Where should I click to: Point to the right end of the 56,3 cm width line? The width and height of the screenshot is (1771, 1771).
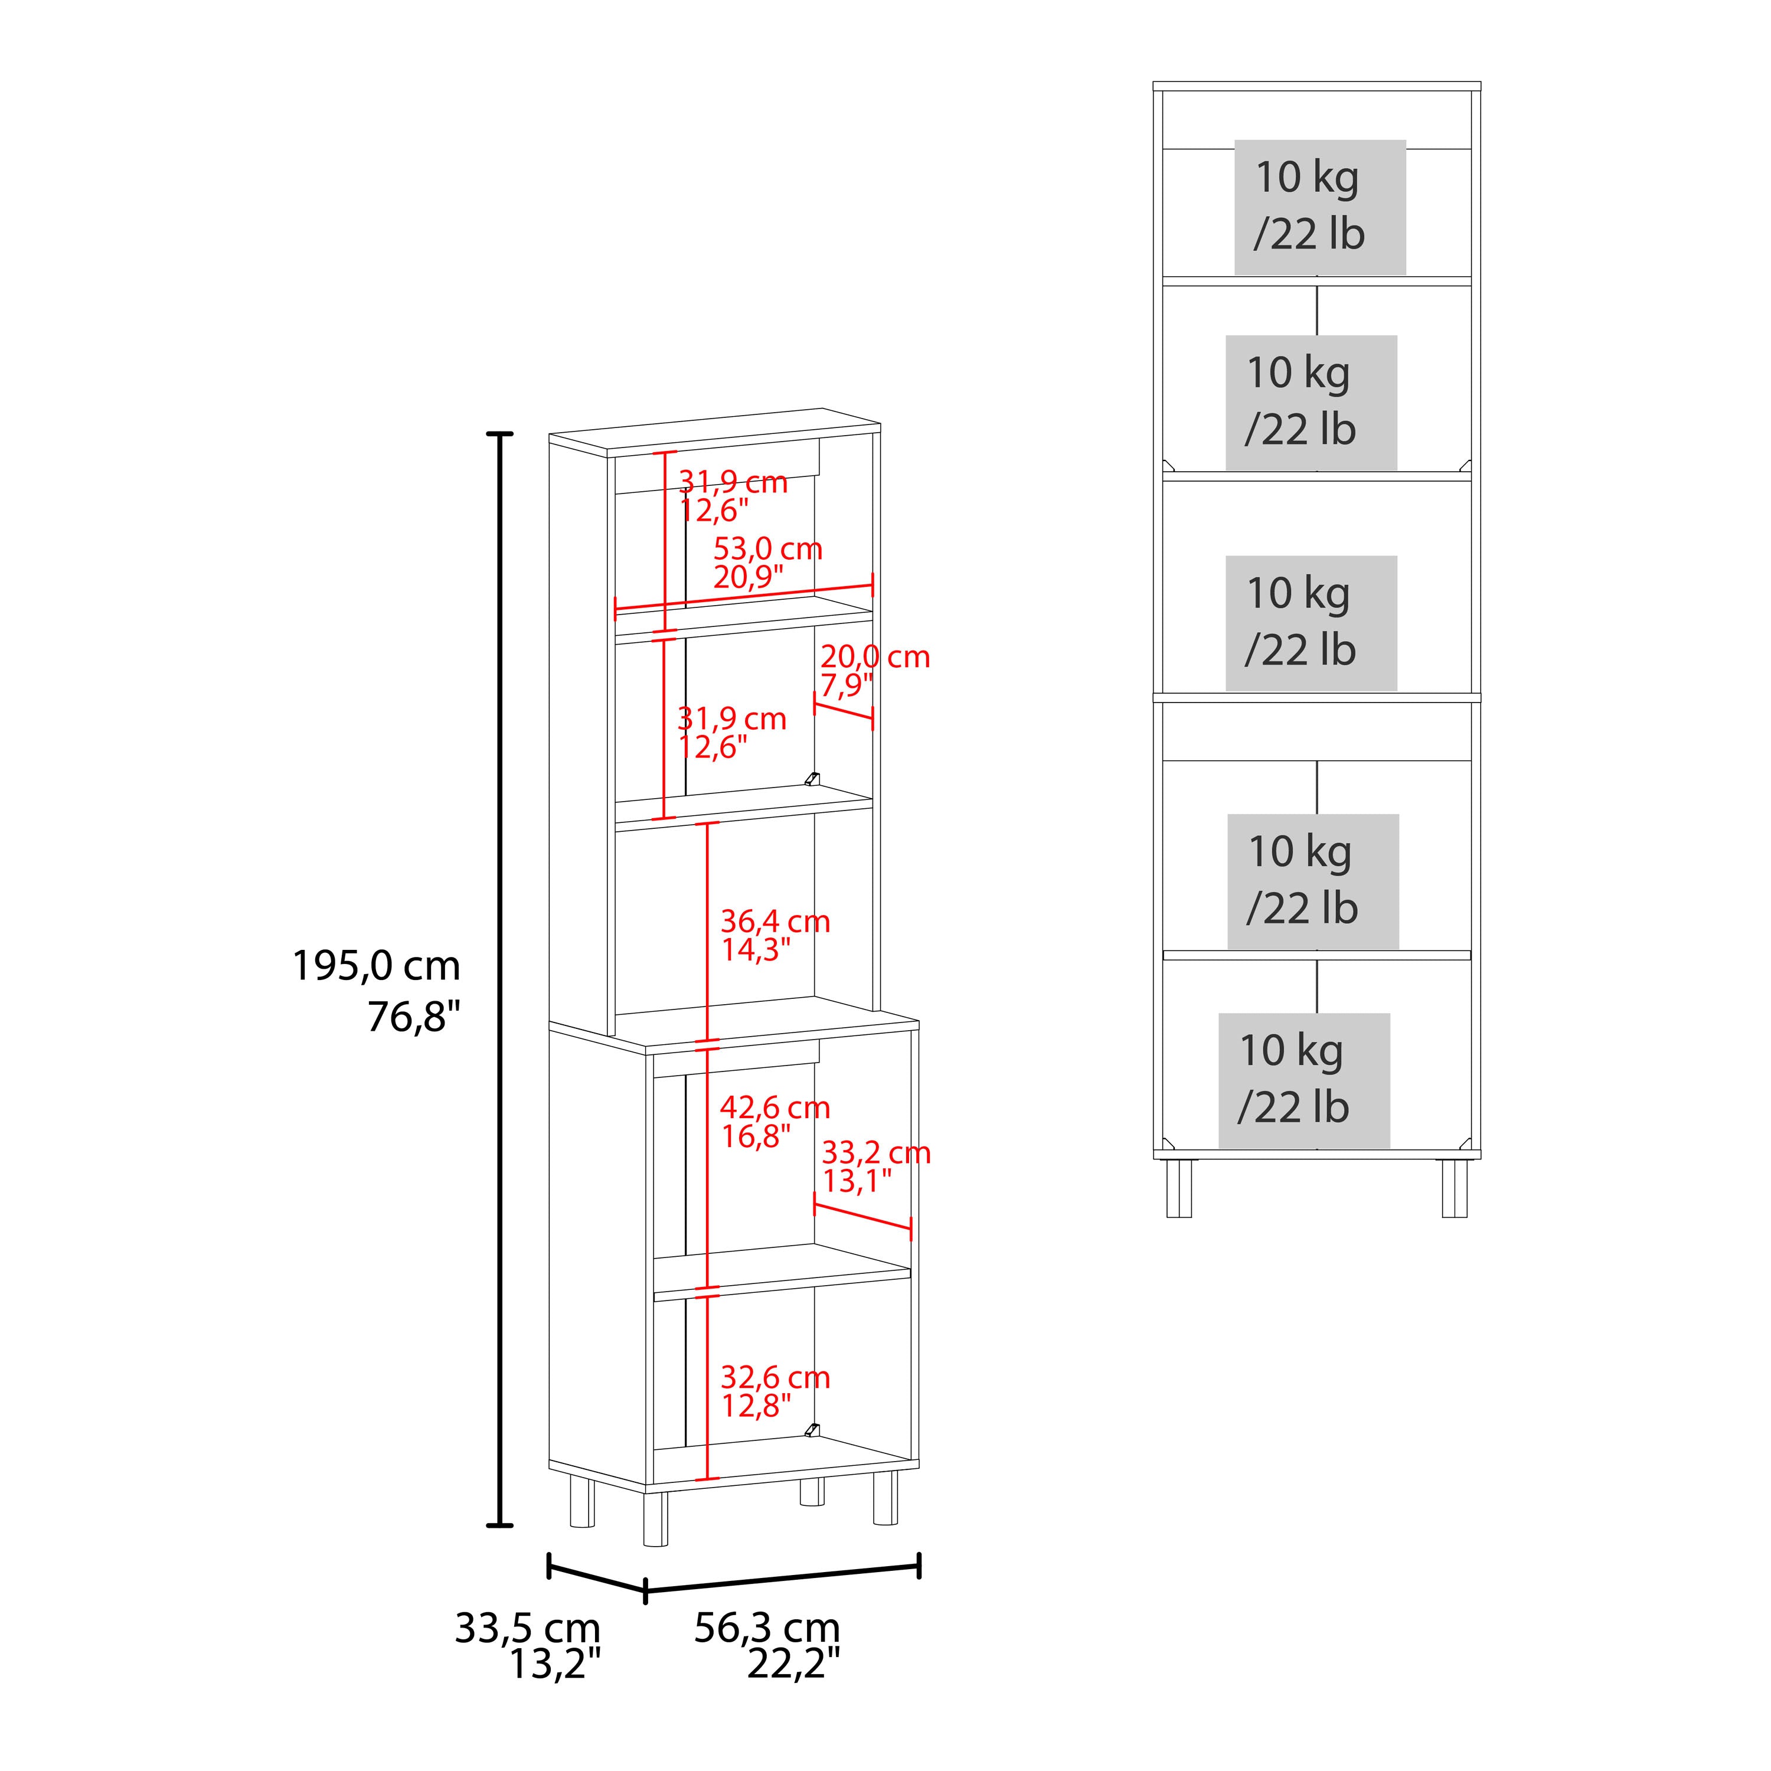click(919, 1566)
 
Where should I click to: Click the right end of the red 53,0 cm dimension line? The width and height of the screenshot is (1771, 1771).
click(873, 585)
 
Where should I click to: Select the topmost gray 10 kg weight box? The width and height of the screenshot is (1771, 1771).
click(1320, 207)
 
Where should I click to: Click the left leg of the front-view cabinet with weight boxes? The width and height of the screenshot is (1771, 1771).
click(1179, 1188)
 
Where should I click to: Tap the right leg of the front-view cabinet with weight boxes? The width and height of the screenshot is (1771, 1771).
click(1455, 1188)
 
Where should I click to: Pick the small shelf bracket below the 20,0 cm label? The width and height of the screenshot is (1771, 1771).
click(811, 779)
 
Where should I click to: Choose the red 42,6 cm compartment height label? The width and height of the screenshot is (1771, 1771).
click(775, 1107)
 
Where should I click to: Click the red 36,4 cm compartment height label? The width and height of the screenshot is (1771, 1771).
click(775, 922)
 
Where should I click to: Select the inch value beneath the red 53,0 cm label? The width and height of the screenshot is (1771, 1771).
click(748, 577)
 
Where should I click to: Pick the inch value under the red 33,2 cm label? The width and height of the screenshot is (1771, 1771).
click(856, 1181)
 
